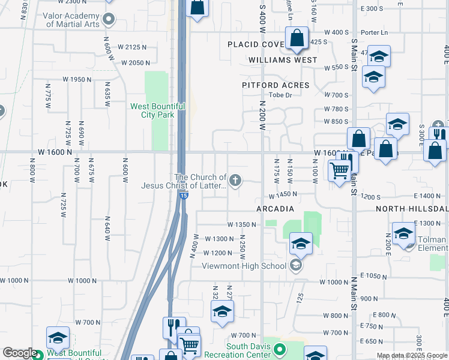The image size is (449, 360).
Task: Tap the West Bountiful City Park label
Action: pyautogui.click(x=152, y=110)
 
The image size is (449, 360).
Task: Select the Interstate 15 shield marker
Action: pyautogui.click(x=184, y=196)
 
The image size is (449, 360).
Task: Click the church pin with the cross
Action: pyautogui.click(x=237, y=179)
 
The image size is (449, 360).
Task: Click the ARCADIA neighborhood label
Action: pyautogui.click(x=275, y=209)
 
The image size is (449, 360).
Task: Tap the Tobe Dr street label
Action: pyautogui.click(x=280, y=95)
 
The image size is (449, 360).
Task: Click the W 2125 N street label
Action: pyautogui.click(x=133, y=47)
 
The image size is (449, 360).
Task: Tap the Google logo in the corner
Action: pyautogui.click(x=19, y=353)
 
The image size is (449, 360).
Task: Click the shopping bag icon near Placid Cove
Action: pyautogui.click(x=297, y=40)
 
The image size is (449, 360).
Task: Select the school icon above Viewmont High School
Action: pyautogui.click(x=301, y=244)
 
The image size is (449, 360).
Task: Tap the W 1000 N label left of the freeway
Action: pyautogui.click(x=77, y=281)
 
